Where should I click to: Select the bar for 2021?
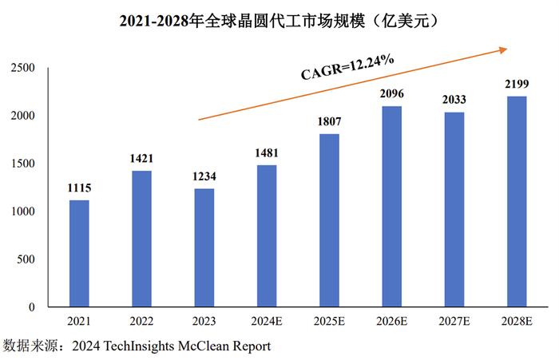(79, 253)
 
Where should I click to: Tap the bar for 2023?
(204, 247)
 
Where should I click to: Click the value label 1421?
(141, 158)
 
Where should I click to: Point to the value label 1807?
(329, 121)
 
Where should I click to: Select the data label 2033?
(454, 100)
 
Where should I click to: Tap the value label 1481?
(267, 152)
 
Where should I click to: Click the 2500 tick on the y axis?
(22, 69)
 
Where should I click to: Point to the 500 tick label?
(26, 259)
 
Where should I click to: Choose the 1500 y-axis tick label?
(22, 164)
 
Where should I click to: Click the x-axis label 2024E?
(267, 321)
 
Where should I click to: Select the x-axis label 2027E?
(454, 321)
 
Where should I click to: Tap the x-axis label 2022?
(141, 321)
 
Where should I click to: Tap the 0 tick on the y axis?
(31, 307)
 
